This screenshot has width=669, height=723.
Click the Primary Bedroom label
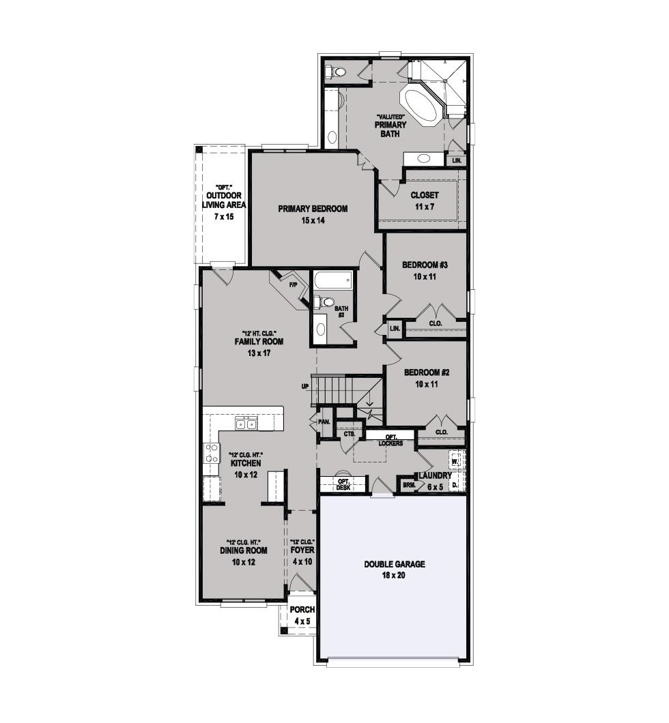[313, 209]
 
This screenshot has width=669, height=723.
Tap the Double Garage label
[395, 564]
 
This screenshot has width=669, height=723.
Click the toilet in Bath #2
[324, 302]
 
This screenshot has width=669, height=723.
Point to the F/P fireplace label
[294, 284]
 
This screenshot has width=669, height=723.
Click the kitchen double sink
[246, 424]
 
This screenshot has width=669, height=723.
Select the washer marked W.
[455, 460]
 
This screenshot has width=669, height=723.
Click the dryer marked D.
[455, 484]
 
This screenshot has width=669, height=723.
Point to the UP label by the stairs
[305, 387]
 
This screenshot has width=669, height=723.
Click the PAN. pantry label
[324, 422]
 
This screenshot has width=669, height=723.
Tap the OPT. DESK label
[343, 484]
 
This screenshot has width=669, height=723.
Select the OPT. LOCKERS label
[390, 440]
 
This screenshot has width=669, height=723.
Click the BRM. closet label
[408, 485]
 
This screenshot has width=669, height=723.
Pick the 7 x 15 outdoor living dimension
[224, 217]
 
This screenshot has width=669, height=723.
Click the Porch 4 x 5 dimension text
[302, 621]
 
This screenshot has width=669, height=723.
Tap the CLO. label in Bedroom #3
[436, 324]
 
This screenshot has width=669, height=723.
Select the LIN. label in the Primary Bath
[457, 160]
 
